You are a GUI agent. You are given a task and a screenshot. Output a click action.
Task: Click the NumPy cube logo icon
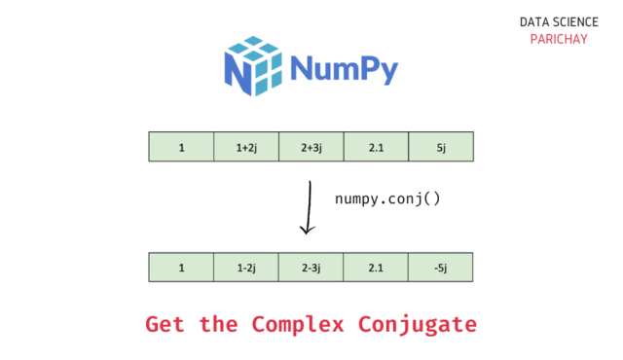253,66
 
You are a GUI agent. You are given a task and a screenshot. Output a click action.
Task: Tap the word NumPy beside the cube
344,69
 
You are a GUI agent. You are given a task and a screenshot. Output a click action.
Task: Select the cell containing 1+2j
246,147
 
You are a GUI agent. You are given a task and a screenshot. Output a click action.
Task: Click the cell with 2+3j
311,147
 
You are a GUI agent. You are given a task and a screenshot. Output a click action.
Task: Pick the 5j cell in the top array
441,147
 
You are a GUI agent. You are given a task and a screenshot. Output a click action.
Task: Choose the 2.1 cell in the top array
376,147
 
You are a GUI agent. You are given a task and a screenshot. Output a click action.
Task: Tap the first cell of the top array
182,147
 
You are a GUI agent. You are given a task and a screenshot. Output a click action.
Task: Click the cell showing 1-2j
246,268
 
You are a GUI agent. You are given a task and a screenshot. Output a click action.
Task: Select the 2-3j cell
311,268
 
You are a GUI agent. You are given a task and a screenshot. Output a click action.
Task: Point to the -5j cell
441,268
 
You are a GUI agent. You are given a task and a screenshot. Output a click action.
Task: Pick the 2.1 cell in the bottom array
376,268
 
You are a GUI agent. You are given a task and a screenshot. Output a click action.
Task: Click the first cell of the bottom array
181,268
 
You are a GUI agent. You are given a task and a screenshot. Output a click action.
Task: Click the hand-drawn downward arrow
309,207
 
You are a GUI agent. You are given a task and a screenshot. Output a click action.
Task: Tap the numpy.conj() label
387,198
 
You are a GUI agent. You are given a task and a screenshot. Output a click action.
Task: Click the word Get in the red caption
165,324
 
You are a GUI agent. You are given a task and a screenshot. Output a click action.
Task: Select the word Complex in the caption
298,325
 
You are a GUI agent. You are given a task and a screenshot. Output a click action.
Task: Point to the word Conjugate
418,325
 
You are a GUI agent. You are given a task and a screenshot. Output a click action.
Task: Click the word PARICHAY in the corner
559,39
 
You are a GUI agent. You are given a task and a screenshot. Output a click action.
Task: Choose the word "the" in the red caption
218,324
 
